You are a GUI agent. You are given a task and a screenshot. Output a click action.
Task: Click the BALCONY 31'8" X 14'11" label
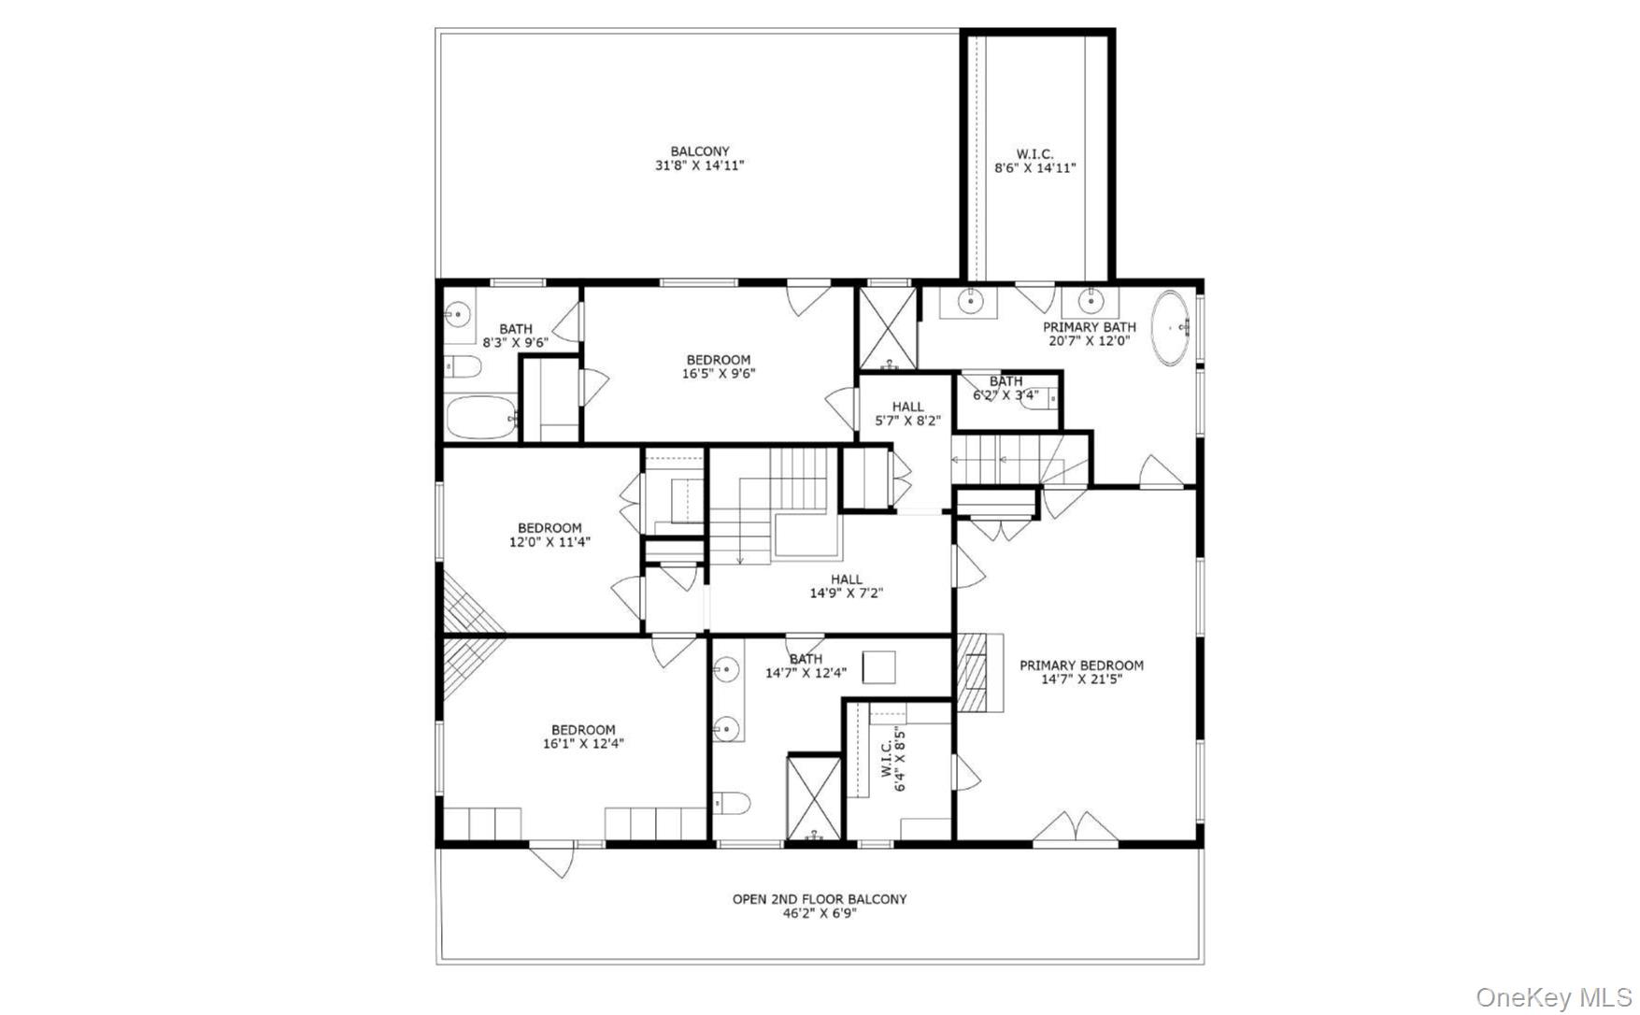point(699,159)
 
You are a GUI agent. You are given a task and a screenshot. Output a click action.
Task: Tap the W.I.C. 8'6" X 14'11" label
point(1034,162)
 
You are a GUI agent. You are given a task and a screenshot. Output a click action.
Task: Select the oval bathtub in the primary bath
point(1171,328)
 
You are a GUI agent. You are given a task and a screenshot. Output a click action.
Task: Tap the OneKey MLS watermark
point(1553,997)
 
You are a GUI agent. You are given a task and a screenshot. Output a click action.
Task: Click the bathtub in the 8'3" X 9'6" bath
point(480,417)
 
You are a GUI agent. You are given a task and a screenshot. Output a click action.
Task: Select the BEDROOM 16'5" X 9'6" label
point(718,366)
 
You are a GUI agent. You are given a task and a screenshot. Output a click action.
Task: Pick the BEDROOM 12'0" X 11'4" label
point(549,535)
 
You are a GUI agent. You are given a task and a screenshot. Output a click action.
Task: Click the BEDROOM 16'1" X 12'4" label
point(583,736)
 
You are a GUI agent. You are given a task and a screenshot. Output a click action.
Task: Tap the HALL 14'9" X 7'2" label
point(846,586)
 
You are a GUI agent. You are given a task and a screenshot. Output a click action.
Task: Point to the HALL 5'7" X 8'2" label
point(907,413)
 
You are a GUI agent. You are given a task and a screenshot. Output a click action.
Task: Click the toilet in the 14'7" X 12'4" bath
point(733,803)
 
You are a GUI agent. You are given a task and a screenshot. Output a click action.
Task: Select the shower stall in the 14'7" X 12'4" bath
point(814,797)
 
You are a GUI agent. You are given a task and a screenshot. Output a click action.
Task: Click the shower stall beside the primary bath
point(887,327)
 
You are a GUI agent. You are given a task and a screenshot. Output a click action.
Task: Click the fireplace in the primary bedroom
point(978,673)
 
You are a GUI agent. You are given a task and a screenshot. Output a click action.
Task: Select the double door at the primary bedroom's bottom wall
point(1075,830)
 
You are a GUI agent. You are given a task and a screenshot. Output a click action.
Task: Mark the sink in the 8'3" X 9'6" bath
point(457,314)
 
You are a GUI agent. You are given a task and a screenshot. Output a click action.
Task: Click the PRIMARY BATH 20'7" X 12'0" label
point(1089,334)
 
